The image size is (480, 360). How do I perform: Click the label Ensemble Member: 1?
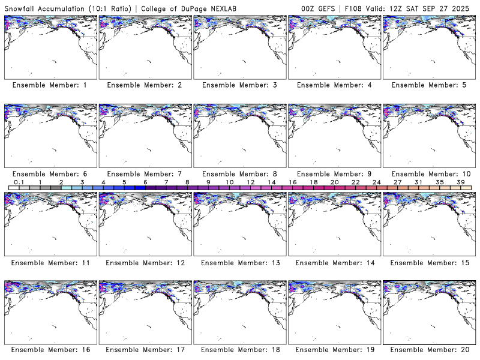point(49,85)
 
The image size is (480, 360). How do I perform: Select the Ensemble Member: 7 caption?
point(144,174)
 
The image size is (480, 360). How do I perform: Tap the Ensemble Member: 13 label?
point(238,263)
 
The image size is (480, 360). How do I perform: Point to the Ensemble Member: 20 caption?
point(428,350)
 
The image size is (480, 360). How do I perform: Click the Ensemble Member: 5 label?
point(428,85)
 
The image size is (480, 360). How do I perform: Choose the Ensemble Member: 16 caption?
point(49,350)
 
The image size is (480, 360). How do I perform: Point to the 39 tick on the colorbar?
point(461,182)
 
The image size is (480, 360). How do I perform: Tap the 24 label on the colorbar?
point(377,182)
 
